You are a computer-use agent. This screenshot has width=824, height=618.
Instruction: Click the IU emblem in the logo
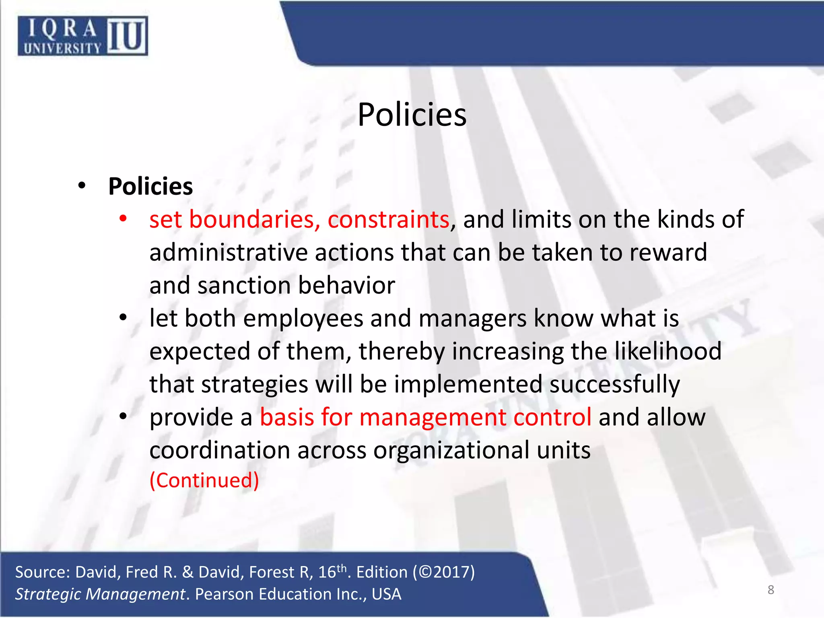pos(127,36)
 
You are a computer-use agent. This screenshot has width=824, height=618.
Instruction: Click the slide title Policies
pos(412,115)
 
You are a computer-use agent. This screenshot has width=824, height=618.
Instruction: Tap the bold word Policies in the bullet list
pos(150,187)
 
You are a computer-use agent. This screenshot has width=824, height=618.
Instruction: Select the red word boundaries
pos(254,220)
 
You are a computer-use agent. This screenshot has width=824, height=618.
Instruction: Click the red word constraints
pos(388,220)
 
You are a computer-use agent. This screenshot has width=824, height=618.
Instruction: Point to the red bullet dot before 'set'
pos(123,219)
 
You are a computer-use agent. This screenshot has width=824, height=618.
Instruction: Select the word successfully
pos(614,385)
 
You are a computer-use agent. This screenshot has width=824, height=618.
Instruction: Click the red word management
pos(433,417)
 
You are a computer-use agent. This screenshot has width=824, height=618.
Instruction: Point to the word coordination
pos(220,450)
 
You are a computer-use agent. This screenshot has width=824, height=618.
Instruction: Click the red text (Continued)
pos(204,480)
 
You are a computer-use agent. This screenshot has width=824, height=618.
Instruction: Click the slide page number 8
pos(770,590)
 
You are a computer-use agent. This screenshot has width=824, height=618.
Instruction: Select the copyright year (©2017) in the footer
pos(444,572)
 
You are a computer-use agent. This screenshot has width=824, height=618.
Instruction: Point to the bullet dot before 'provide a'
pos(123,416)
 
